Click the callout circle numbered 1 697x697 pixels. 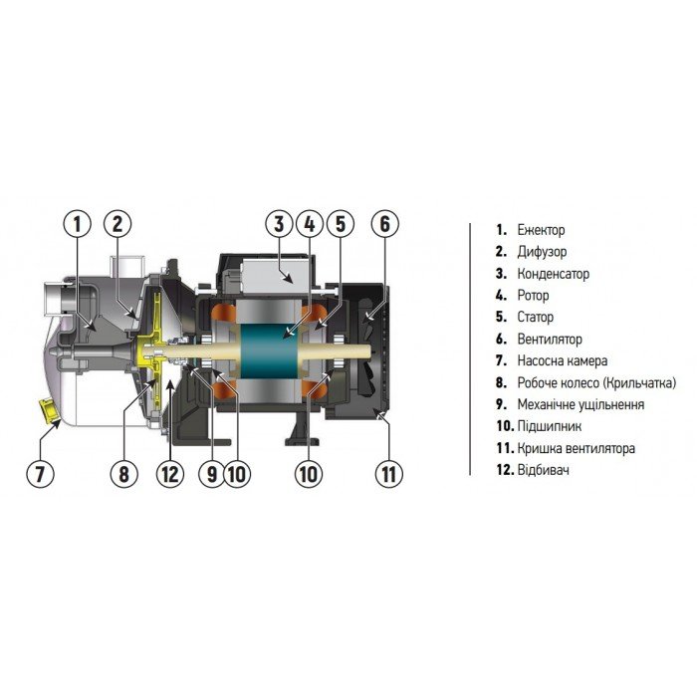pos(76,224)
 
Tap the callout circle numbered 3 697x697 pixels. pos(280,224)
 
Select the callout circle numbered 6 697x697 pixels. pos(384,224)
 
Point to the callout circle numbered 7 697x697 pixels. pos(41,474)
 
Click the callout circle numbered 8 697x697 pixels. pos(124,474)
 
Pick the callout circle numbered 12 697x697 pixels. pos(171,474)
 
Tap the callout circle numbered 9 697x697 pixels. pos(211,474)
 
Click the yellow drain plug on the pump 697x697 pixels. pos(46,407)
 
